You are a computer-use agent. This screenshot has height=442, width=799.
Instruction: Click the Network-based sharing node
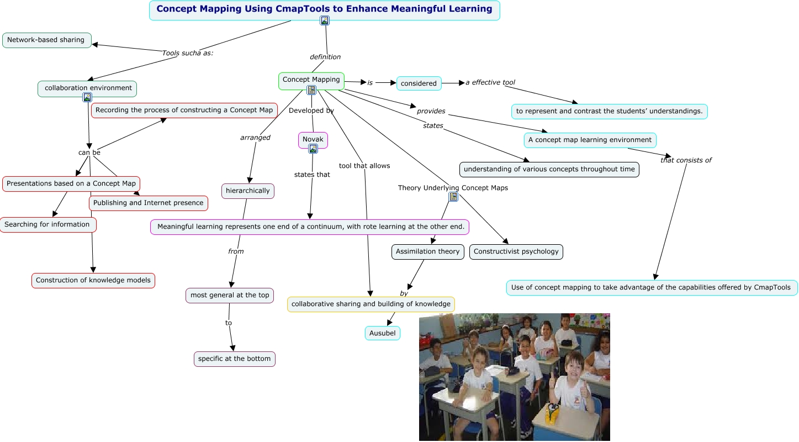pyautogui.click(x=46, y=40)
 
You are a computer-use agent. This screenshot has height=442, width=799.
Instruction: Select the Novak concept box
pyautogui.click(x=313, y=139)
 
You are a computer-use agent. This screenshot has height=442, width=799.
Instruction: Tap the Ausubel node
pyautogui.click(x=382, y=333)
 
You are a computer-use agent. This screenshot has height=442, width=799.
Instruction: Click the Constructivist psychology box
pyautogui.click(x=516, y=252)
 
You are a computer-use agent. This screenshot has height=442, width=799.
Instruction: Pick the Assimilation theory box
pyautogui.click(x=427, y=252)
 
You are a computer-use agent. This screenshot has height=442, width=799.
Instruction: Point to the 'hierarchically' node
pyautogui.click(x=248, y=191)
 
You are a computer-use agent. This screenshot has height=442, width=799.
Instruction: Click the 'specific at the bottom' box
pyautogui.click(x=234, y=359)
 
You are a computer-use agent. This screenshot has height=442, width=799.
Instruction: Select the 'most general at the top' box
pyautogui.click(x=230, y=296)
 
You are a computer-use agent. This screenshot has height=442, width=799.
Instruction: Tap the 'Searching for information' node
pyautogui.click(x=47, y=225)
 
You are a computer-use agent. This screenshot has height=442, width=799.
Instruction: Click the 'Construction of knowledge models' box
pyautogui.click(x=93, y=281)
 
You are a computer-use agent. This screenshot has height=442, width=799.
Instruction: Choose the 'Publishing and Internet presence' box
pyautogui.click(x=149, y=203)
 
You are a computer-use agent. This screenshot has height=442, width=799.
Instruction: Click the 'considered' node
pyautogui.click(x=419, y=83)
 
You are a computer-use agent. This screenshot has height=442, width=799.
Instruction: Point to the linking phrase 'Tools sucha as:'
pyautogui.click(x=187, y=53)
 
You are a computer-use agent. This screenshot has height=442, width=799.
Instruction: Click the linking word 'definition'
pyautogui.click(x=325, y=57)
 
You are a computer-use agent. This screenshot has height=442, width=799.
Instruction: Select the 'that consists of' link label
pyautogui.click(x=686, y=160)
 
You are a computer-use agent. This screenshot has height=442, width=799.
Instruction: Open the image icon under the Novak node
pyautogui.click(x=313, y=149)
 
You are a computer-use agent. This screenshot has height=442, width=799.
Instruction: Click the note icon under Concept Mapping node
pyautogui.click(x=311, y=90)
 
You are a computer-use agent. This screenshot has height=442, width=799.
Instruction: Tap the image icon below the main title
pyautogui.click(x=325, y=20)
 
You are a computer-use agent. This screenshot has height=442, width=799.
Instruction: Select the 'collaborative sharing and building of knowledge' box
pyautogui.click(x=371, y=304)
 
